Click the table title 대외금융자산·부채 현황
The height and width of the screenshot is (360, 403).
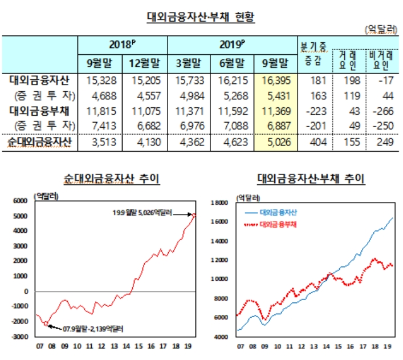[201, 17]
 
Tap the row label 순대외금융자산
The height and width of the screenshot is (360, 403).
[39, 142]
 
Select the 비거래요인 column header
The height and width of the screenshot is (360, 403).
[380, 59]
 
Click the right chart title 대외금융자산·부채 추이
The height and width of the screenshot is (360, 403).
[311, 180]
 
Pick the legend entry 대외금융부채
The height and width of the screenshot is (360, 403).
[281, 225]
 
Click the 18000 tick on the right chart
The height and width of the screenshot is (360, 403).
[219, 203]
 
